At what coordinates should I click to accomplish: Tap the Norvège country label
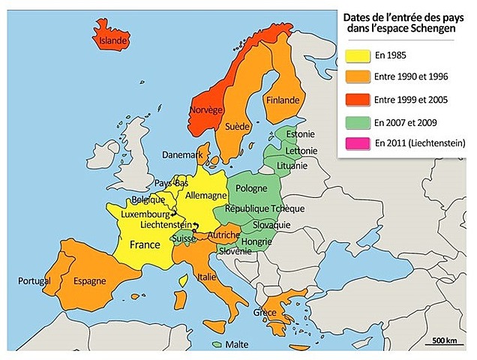205,109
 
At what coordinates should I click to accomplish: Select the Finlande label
282,100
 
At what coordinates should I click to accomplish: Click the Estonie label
300,135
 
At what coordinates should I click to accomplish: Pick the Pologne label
251,187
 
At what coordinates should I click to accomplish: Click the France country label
144,244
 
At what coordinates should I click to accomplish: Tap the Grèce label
265,313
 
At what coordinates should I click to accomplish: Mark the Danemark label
183,154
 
